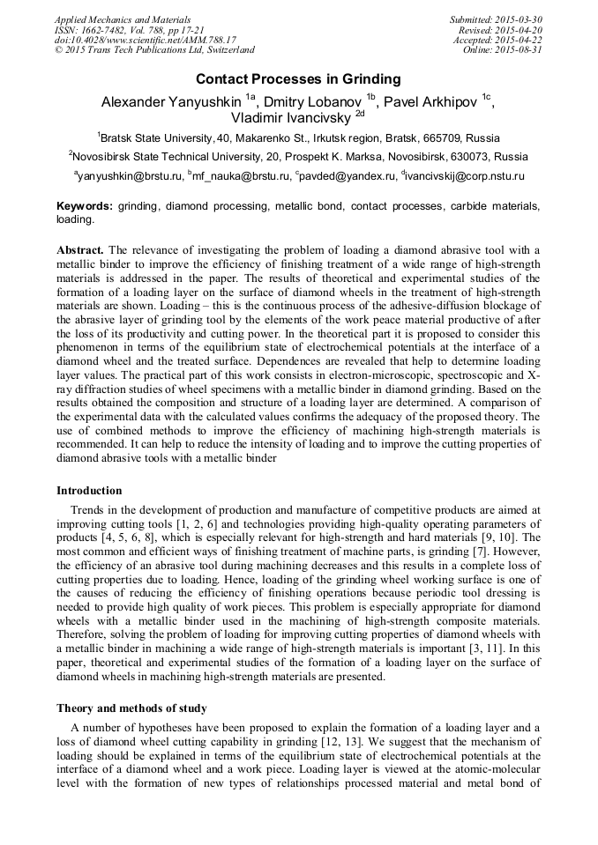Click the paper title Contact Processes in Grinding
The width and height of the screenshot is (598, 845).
(298, 78)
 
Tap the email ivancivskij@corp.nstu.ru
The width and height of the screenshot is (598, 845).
(466, 176)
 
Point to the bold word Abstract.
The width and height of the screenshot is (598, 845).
(80, 250)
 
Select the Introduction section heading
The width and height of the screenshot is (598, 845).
(89, 490)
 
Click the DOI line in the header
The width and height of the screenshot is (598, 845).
(145, 40)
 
